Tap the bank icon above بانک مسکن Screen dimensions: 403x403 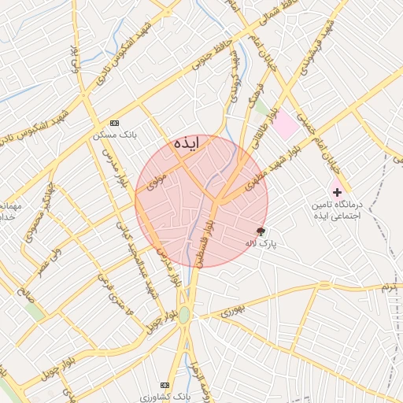click(x=116, y=124)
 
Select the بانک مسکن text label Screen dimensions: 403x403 click(x=116, y=135)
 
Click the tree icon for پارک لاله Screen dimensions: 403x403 click(x=261, y=231)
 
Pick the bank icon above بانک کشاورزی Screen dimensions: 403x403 click(x=165, y=384)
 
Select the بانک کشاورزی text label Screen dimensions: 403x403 click(x=165, y=395)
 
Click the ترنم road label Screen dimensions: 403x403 click(x=388, y=288)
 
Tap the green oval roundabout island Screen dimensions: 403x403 click(x=184, y=315)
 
